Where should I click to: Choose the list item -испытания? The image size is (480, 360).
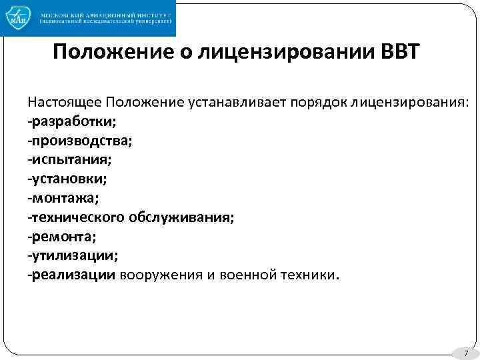tap(69, 160)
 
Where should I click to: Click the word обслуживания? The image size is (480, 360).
tap(189, 217)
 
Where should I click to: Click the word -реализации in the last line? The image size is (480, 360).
tap(71, 275)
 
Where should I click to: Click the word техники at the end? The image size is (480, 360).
tap(309, 275)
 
